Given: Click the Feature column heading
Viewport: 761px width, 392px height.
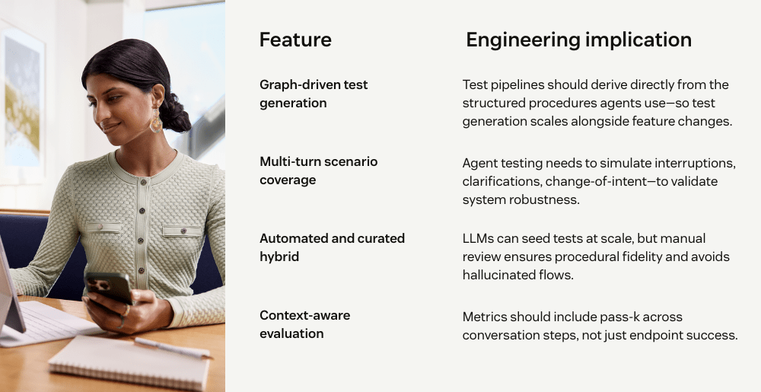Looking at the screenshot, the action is [295, 40].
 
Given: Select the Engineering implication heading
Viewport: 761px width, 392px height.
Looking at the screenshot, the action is [578, 40].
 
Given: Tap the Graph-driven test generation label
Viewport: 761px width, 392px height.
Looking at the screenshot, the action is [314, 94].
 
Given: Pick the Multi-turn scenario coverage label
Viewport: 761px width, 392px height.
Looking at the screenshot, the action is [318, 171].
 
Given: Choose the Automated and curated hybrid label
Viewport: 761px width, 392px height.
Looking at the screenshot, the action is [332, 247].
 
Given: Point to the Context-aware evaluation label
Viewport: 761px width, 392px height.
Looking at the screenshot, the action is [305, 324].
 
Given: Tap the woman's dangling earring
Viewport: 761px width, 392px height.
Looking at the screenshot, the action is [156, 120].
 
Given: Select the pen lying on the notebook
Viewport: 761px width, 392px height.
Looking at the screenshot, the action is [173, 347].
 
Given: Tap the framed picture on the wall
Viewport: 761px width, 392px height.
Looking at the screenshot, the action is [22, 104].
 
